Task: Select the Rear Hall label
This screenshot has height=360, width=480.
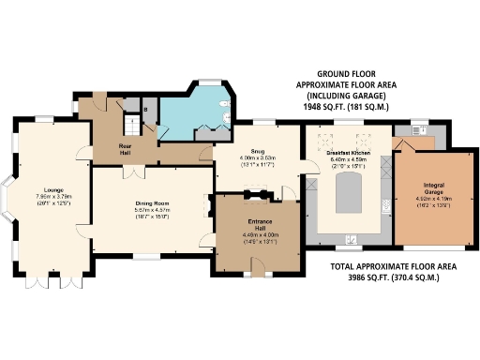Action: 125,147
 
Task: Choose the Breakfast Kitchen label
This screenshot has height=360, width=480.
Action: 347,152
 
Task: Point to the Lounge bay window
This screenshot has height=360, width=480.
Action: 10,204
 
